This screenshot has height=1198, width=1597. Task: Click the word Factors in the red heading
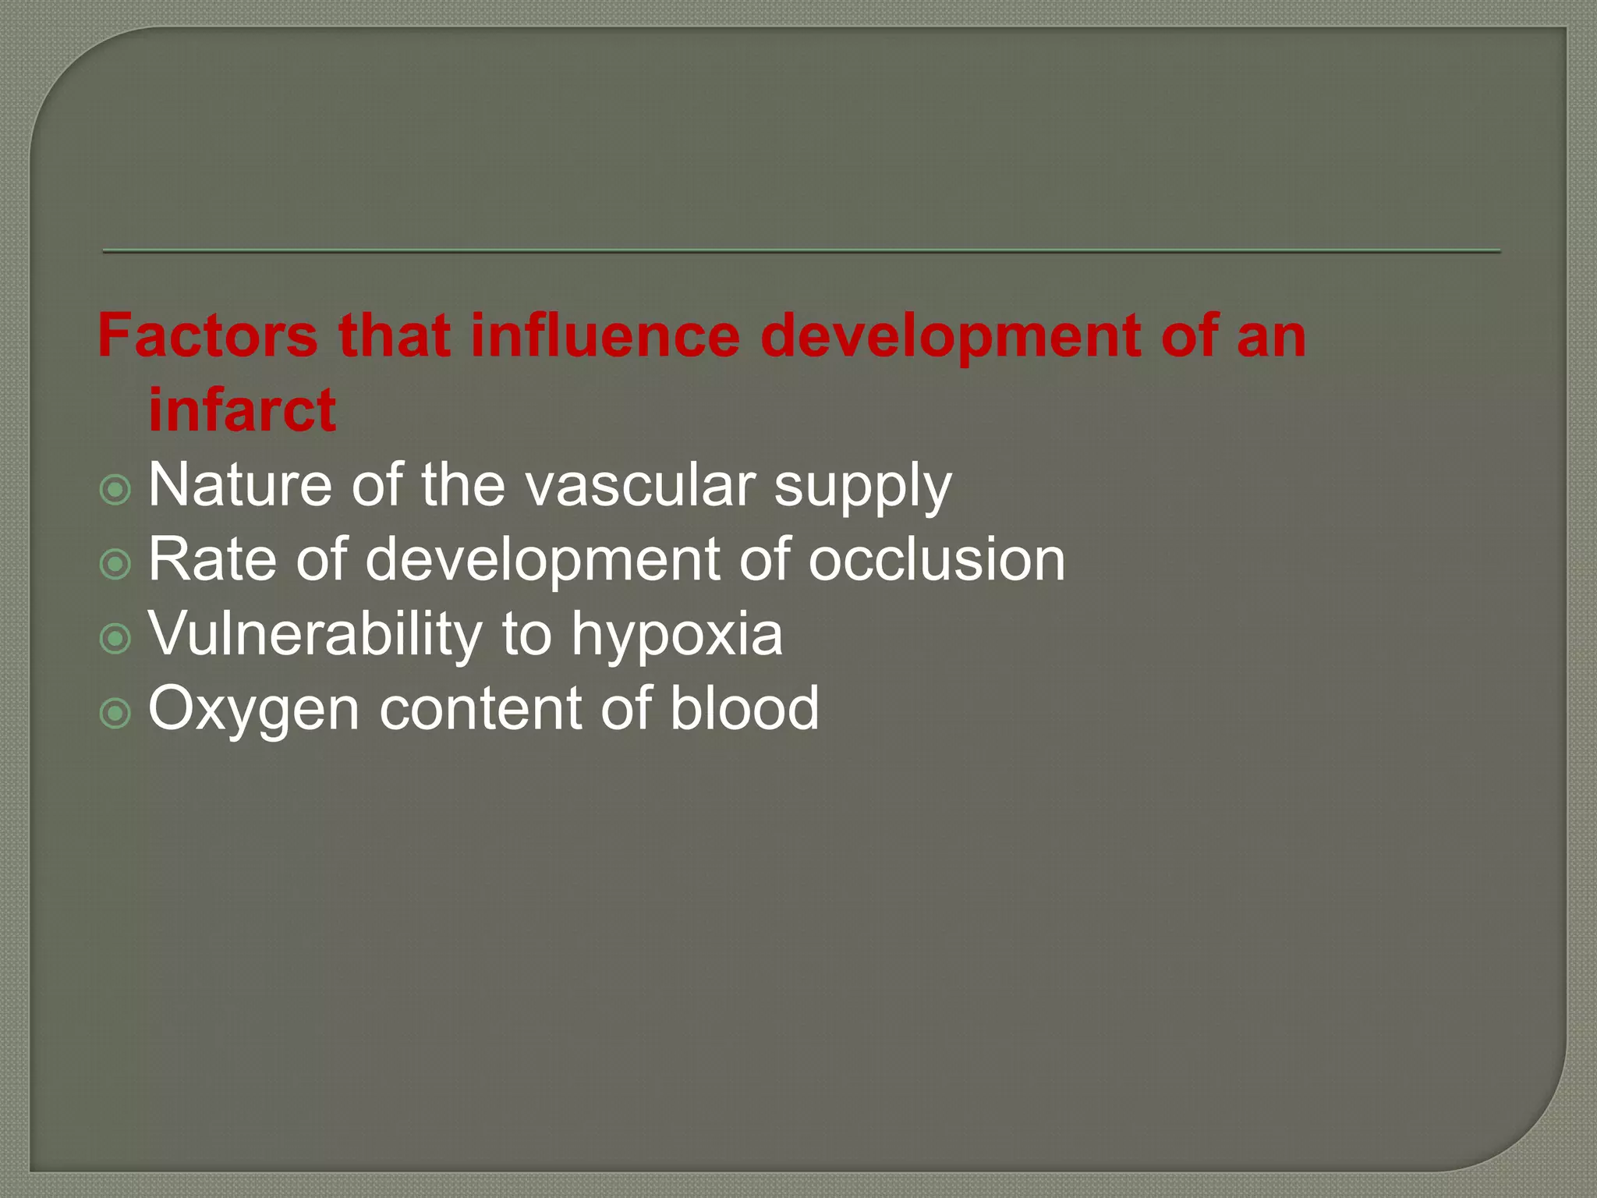click(x=207, y=335)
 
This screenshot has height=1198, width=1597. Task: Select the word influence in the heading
click(x=604, y=335)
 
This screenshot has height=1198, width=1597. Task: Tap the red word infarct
click(x=242, y=409)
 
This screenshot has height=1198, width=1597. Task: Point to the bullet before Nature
click(x=115, y=490)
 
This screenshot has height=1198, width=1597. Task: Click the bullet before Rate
click(x=115, y=564)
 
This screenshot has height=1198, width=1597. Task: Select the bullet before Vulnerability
click(x=115, y=639)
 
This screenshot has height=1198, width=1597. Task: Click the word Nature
click(x=240, y=485)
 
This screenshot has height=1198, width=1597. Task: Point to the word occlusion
click(x=937, y=559)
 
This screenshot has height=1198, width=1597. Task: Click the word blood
click(x=745, y=708)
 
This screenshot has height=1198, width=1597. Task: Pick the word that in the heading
click(x=395, y=335)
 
